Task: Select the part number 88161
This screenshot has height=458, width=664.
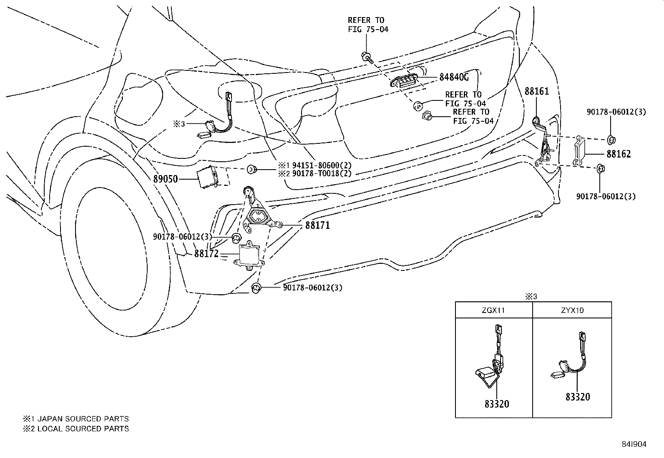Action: pos(537,91)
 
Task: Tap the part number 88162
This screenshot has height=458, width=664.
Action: pos(619,154)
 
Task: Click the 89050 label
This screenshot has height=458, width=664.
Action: pos(166,179)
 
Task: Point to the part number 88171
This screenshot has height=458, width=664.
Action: pos(317,225)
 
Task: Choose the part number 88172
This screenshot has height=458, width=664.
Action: pos(206,253)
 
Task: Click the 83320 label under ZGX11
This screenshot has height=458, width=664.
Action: pos(497,404)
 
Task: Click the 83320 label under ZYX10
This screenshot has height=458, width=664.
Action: pos(578,397)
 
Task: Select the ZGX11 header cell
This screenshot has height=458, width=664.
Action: pos(493,310)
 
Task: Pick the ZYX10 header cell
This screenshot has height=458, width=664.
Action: pos(572,310)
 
